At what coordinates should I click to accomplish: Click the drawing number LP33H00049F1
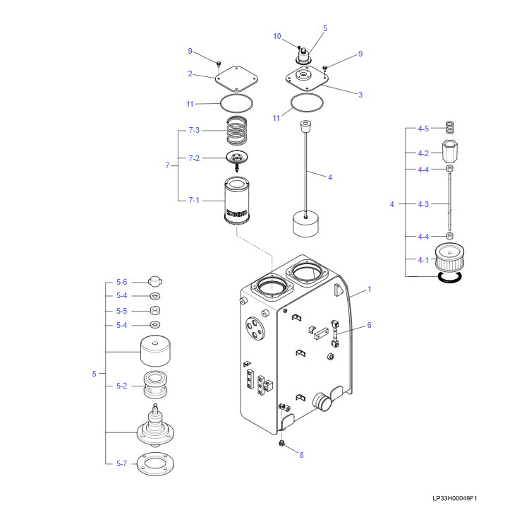pos(454,498)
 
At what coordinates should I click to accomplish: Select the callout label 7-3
pos(194,130)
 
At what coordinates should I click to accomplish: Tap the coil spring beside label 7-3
pos(237,130)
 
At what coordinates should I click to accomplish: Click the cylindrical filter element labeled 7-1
pos(236,201)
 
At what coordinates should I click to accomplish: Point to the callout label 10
pos(277,36)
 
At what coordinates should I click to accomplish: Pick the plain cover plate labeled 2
pos(236,78)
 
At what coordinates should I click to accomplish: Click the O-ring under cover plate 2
pos(236,103)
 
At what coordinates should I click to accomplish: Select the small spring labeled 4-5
pos(450,127)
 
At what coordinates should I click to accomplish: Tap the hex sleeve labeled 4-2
pos(450,152)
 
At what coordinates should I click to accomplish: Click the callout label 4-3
pos(423,204)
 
